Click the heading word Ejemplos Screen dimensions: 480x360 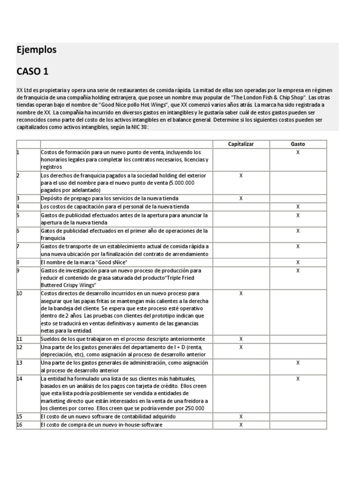[x=37, y=50]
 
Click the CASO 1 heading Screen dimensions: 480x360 [x=32, y=71]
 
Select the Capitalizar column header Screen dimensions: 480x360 [x=241, y=144]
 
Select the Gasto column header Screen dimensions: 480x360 [x=298, y=144]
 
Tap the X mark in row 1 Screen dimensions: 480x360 [x=298, y=152]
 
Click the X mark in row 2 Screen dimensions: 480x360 [x=241, y=175]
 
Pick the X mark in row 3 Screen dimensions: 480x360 [x=241, y=198]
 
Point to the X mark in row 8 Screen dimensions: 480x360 [x=298, y=262]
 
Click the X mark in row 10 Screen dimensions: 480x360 [x=241, y=293]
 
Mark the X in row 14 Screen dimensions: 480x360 [x=298, y=378]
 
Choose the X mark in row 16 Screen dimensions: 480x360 [x=241, y=425]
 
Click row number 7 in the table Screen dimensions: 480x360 [x=18, y=246]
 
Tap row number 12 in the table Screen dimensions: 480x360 [x=20, y=347]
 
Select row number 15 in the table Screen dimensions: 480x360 [x=20, y=416]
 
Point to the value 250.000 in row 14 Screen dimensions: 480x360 [x=195, y=408]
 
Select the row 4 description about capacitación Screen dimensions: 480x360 [x=115, y=206]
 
